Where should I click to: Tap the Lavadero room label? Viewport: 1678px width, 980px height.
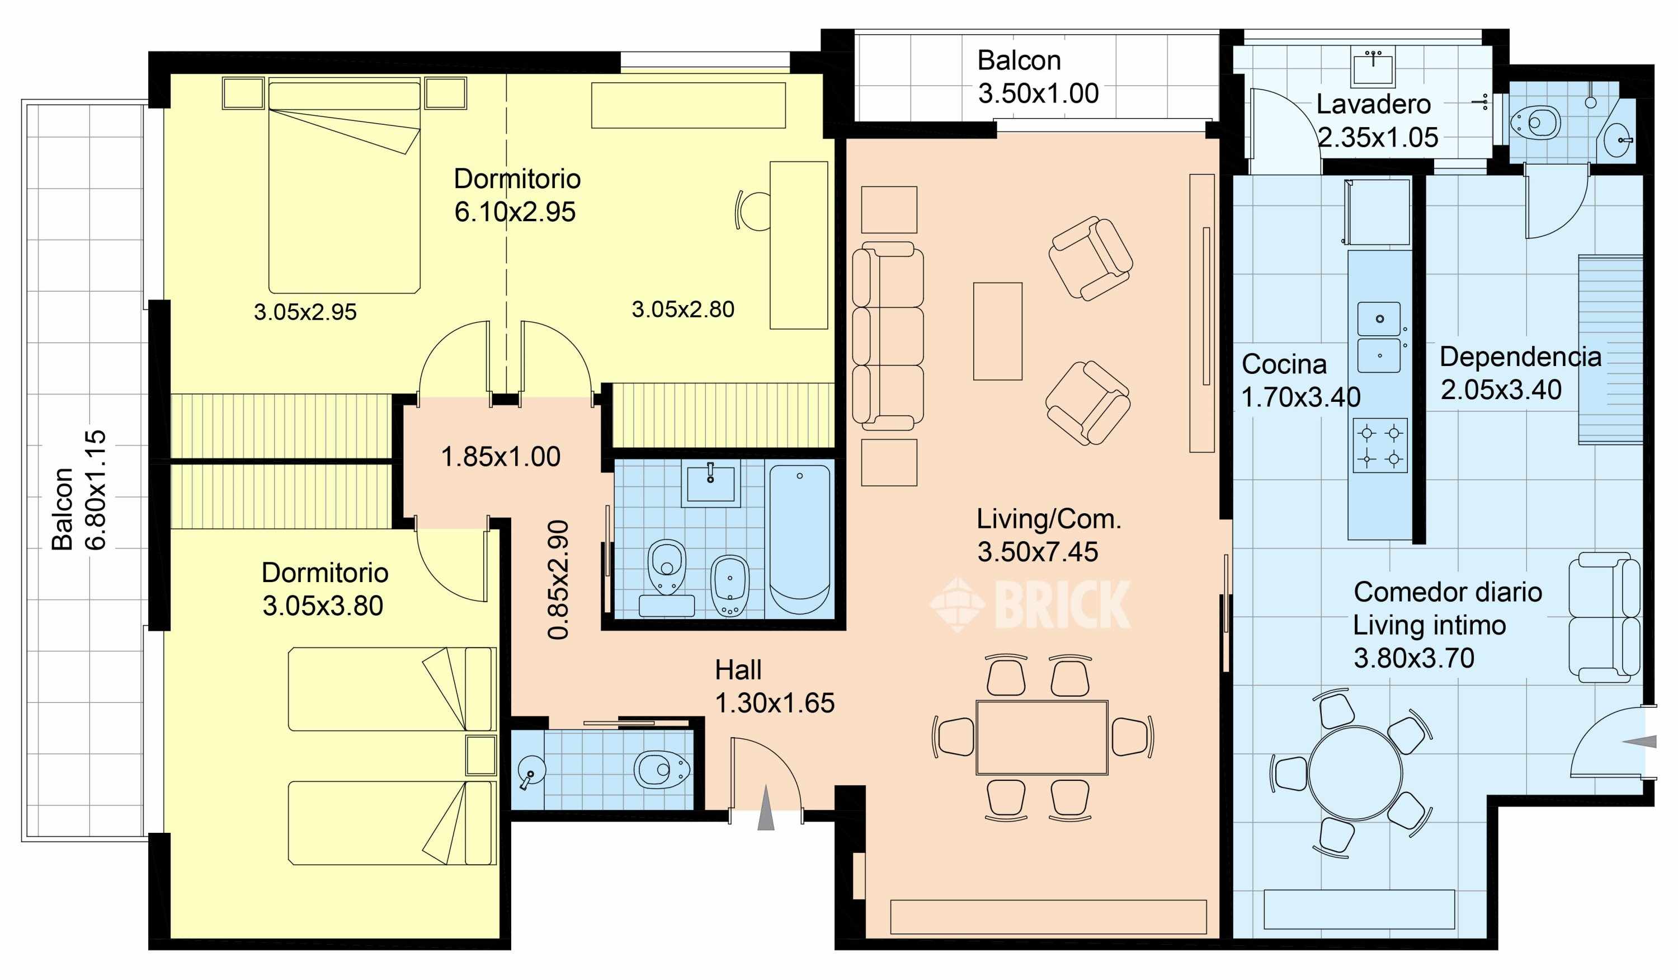pos(1373,105)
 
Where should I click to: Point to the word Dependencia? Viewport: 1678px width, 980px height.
pos(1520,357)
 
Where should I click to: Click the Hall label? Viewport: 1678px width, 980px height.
pos(738,670)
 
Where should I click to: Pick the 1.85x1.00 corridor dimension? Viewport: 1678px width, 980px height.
pos(501,457)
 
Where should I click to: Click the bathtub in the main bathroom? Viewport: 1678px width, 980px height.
pos(800,539)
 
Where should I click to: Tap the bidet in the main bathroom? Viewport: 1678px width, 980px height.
pos(730,585)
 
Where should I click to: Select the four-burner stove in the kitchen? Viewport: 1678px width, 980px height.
pos(1380,446)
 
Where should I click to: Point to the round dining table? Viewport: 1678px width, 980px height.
pos(1355,773)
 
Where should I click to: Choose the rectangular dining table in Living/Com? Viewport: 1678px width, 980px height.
pos(1042,737)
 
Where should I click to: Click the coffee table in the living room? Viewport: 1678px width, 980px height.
pos(997,331)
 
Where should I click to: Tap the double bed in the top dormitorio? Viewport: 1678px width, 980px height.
pos(344,186)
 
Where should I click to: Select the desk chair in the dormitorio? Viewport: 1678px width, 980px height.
pos(753,210)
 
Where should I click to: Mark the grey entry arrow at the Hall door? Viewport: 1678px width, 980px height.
pos(766,808)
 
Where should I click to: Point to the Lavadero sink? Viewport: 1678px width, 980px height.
pos(1373,67)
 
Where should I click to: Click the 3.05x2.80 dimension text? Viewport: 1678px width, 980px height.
pos(682,309)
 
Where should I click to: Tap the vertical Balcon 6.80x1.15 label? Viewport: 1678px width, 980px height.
pos(78,490)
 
